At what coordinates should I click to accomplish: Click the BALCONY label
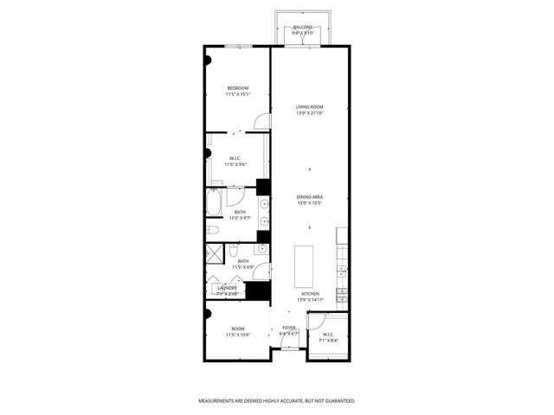pyautogui.click(x=303, y=28)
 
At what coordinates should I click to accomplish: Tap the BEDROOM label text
pyautogui.click(x=238, y=88)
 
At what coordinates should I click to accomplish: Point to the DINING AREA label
pyautogui.click(x=310, y=198)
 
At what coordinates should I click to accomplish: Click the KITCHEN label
pyautogui.click(x=310, y=294)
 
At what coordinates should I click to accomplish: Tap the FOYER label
pyautogui.click(x=288, y=328)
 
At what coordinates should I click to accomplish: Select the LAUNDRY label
pyautogui.click(x=216, y=288)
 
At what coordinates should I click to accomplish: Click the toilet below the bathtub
pyautogui.click(x=212, y=229)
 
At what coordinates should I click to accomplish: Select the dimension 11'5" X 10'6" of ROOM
pyautogui.click(x=238, y=334)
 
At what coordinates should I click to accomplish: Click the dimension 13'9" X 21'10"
pyautogui.click(x=310, y=113)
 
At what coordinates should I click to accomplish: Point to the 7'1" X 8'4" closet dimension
pyautogui.click(x=328, y=340)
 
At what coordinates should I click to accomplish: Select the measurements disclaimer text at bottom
pyautogui.click(x=277, y=401)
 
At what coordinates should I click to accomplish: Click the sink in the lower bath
pyautogui.click(x=235, y=250)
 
